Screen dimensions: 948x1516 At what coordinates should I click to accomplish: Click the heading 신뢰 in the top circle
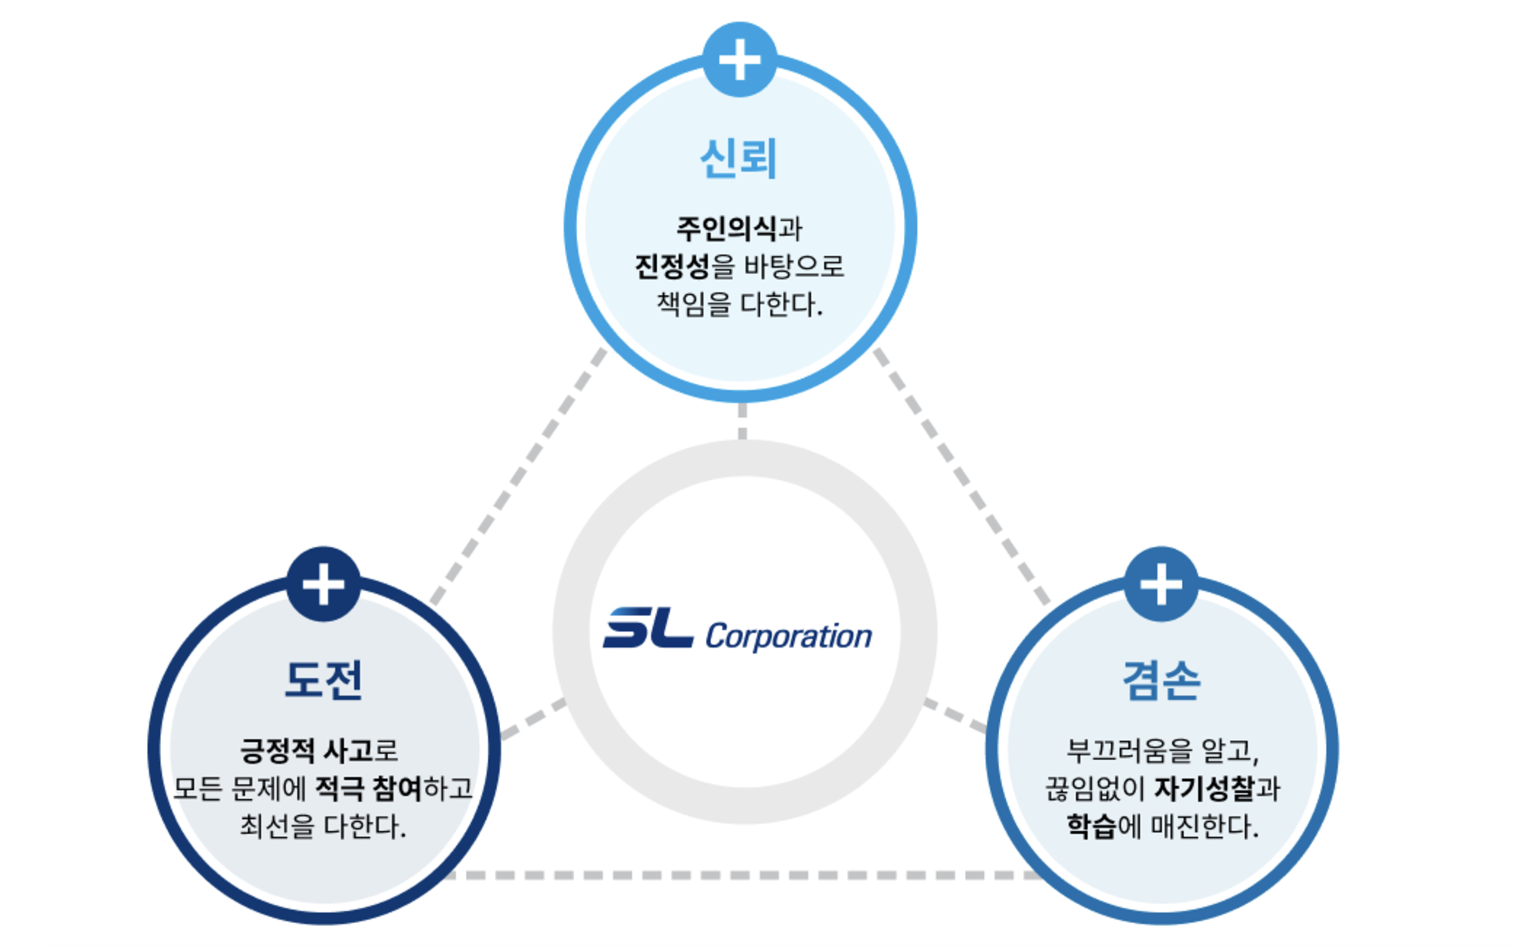coord(738,158)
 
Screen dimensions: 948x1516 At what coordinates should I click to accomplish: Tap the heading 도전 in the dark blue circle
coord(323,680)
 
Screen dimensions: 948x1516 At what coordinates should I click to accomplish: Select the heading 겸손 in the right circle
coord(1160,680)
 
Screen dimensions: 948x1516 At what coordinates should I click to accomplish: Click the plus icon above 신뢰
coord(739,59)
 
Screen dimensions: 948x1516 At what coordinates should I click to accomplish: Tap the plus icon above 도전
coord(324,584)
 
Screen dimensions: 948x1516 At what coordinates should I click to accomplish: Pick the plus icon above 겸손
coord(1161,584)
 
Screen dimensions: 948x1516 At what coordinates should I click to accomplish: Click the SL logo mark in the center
coord(647,628)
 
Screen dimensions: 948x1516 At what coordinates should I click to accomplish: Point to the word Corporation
coord(789,637)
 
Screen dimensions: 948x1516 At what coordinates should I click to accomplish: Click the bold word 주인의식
coord(727,228)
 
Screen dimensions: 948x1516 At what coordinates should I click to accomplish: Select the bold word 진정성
coord(672,266)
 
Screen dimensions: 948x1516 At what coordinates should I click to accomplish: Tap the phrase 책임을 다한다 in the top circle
coord(739,304)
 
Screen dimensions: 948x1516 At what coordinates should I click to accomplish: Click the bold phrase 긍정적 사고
coord(306,750)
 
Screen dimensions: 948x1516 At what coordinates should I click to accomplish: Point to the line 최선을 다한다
coord(323,826)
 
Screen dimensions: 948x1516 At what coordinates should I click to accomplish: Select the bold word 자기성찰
coord(1205,788)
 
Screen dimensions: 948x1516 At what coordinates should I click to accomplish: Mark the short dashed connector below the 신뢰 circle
coord(742,421)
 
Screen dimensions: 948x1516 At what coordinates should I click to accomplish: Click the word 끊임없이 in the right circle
coord(1095,788)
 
